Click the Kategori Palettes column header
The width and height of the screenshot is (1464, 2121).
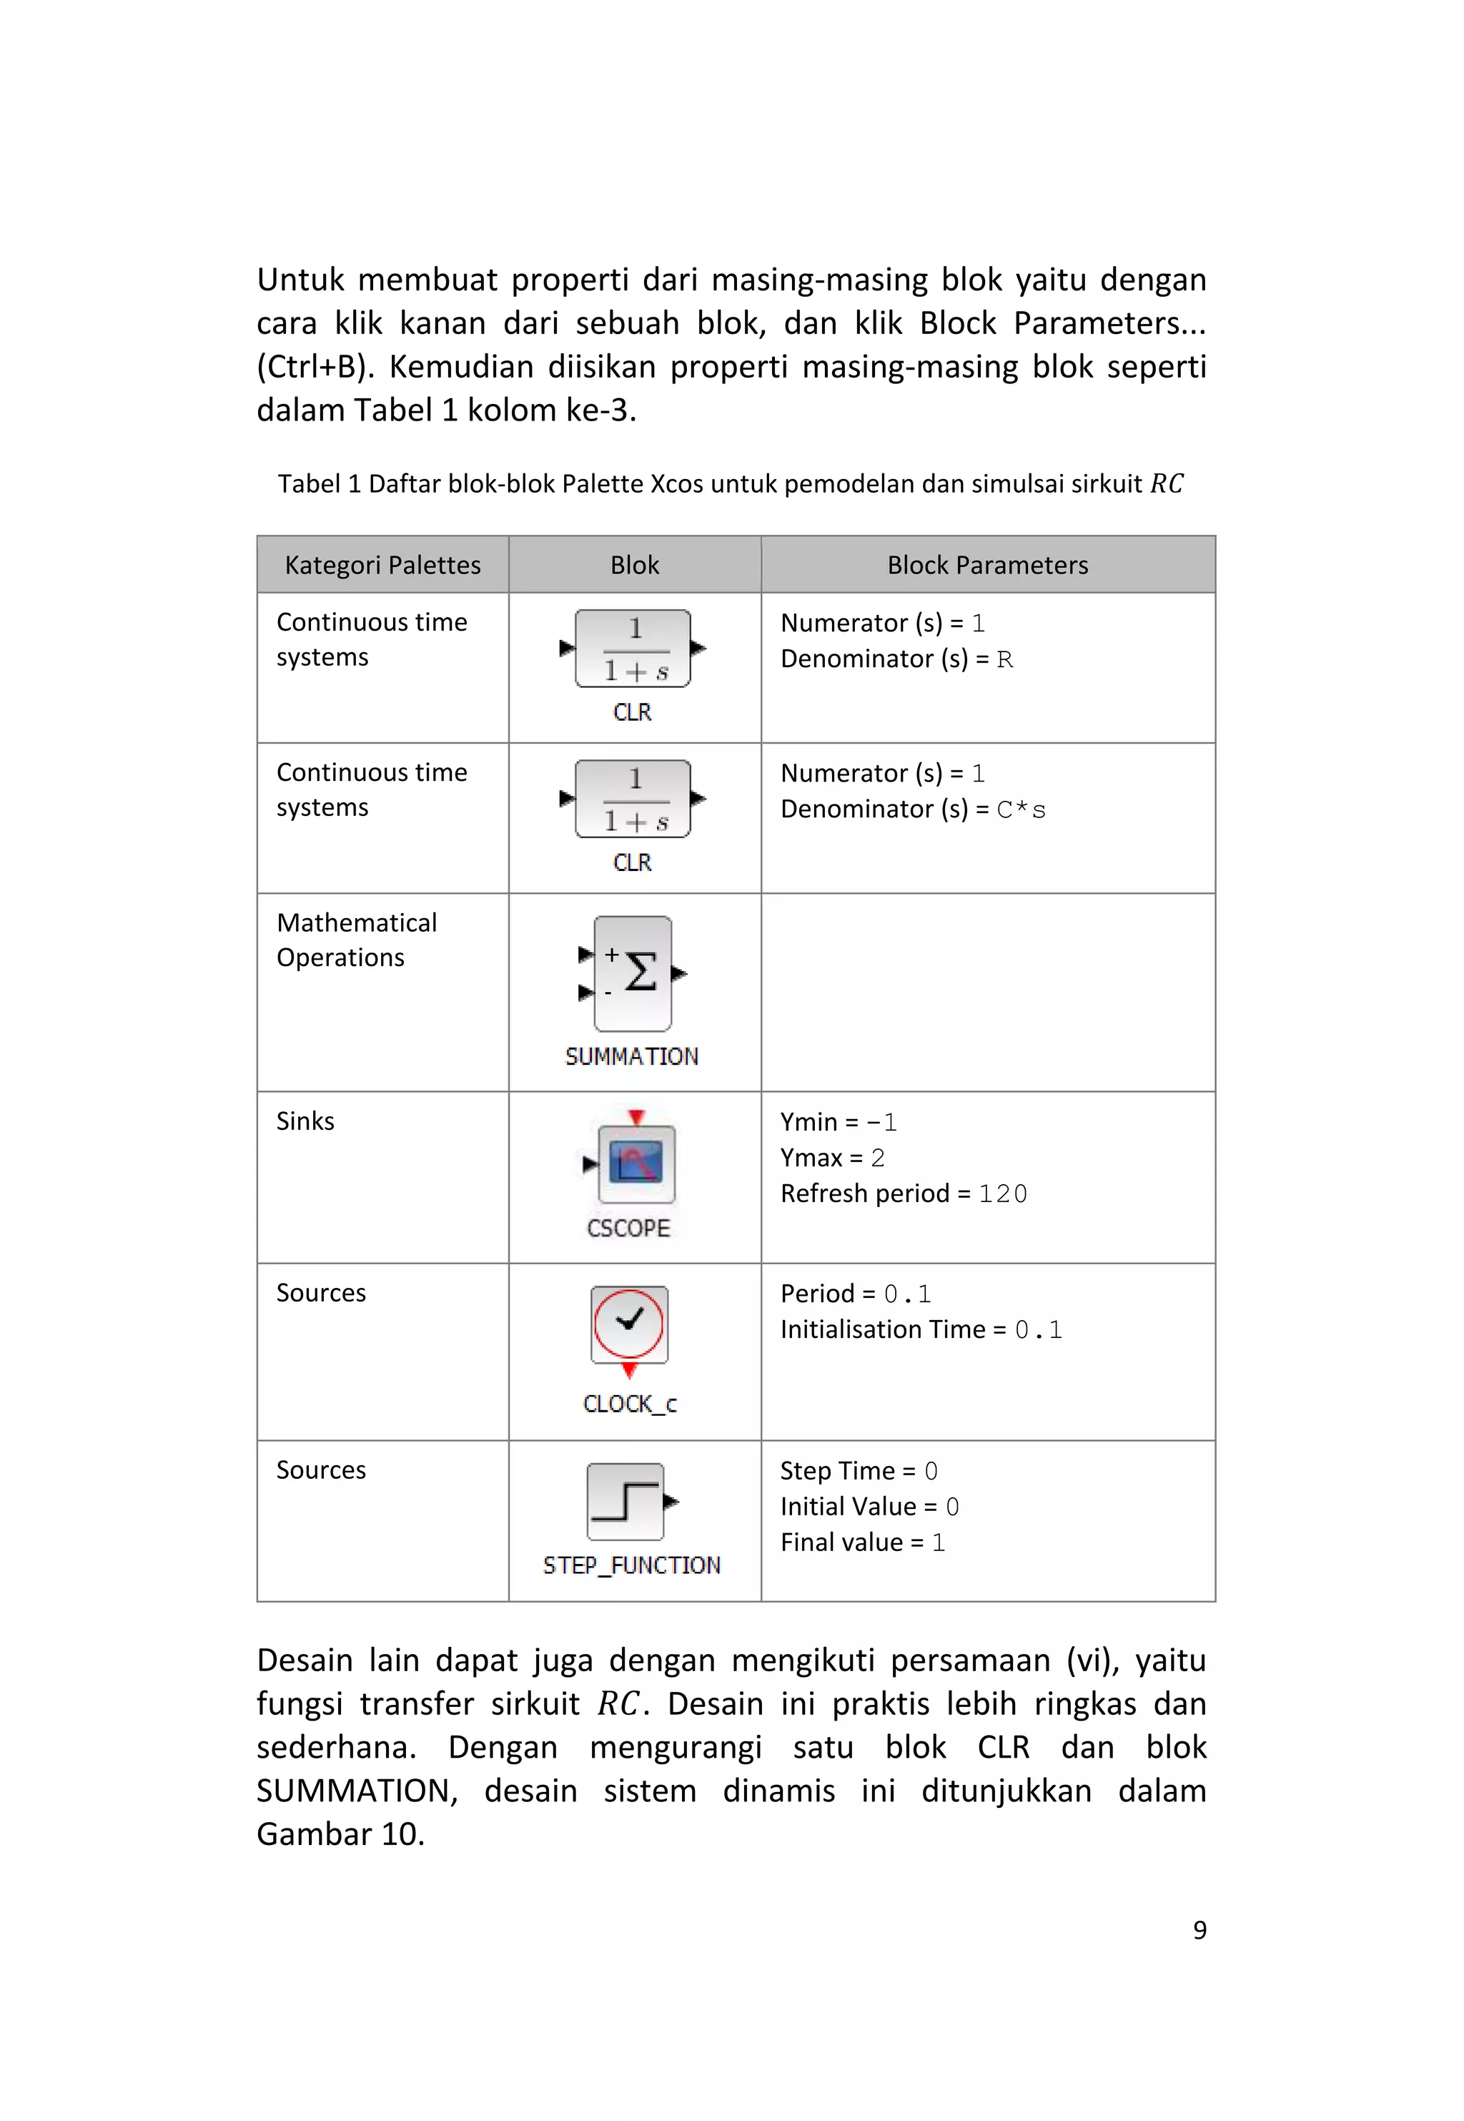point(382,565)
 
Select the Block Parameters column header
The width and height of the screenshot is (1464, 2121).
point(987,565)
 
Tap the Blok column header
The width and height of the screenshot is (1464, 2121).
point(634,565)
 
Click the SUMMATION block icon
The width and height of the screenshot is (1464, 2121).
point(633,973)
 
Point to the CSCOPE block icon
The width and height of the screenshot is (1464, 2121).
point(635,1163)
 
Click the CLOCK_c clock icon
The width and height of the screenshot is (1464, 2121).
point(628,1324)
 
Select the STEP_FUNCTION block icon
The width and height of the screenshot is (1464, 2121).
point(625,1501)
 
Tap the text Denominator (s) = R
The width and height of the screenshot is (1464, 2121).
point(896,659)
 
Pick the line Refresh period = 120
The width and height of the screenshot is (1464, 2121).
point(903,1194)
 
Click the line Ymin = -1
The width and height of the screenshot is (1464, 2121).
point(838,1122)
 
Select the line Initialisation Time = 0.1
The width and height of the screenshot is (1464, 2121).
point(920,1330)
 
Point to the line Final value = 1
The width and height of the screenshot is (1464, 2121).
point(861,1543)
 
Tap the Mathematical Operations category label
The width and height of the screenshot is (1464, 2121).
point(356,940)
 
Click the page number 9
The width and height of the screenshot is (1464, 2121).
point(1199,1929)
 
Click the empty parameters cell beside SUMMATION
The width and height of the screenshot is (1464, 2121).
point(987,992)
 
